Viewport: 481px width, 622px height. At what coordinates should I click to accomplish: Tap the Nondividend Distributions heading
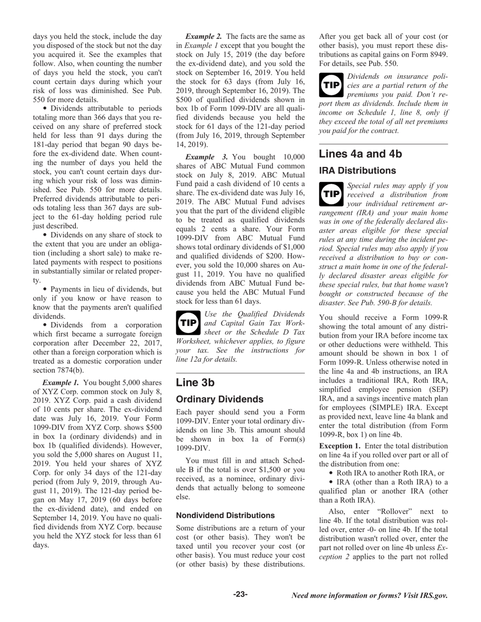(x=225, y=515)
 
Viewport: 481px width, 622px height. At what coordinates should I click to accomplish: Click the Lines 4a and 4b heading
(x=360, y=154)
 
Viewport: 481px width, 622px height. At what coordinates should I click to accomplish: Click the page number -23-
(x=240, y=594)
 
